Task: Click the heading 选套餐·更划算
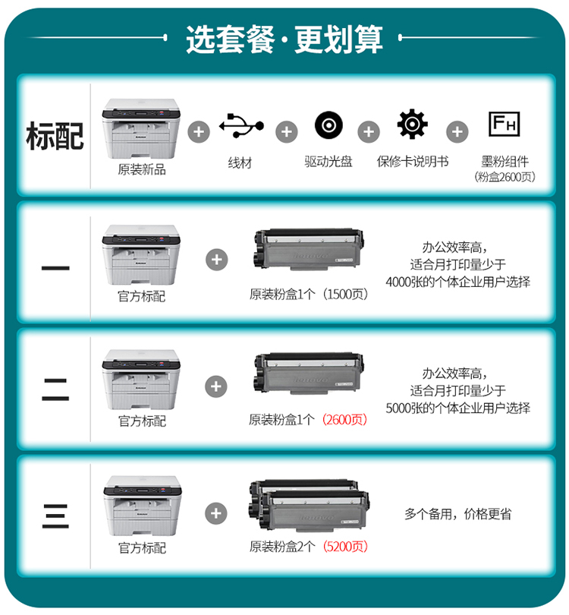click(x=284, y=39)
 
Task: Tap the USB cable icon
click(x=241, y=126)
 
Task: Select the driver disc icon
click(x=329, y=125)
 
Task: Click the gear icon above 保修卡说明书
click(x=412, y=125)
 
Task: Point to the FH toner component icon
click(x=504, y=124)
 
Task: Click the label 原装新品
click(x=142, y=169)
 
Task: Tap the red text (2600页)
click(x=344, y=420)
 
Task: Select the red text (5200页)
click(x=345, y=546)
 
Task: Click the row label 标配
click(x=55, y=136)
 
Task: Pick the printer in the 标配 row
click(x=141, y=128)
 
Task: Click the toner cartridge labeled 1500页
click(x=308, y=250)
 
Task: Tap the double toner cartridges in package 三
click(x=310, y=505)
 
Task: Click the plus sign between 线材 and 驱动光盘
click(x=287, y=132)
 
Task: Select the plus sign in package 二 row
click(x=216, y=386)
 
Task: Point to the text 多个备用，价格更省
click(x=457, y=513)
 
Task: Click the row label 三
click(x=55, y=516)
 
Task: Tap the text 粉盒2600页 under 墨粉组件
click(x=505, y=177)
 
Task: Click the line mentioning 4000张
click(x=457, y=282)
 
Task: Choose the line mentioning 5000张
click(x=457, y=408)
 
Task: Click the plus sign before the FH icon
click(x=457, y=132)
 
